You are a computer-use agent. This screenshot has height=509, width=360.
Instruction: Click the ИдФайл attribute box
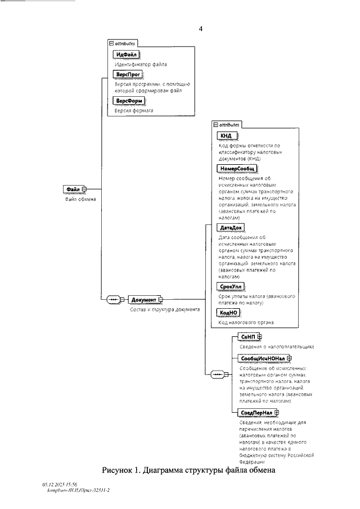pos(126,55)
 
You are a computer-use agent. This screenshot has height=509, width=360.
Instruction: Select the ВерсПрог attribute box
pos(127,74)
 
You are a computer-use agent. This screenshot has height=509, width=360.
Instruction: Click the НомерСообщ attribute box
pos(236,168)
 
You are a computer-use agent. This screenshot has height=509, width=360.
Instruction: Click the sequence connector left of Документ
pos(115,299)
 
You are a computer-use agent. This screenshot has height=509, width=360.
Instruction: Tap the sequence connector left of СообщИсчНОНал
pos(217,374)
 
